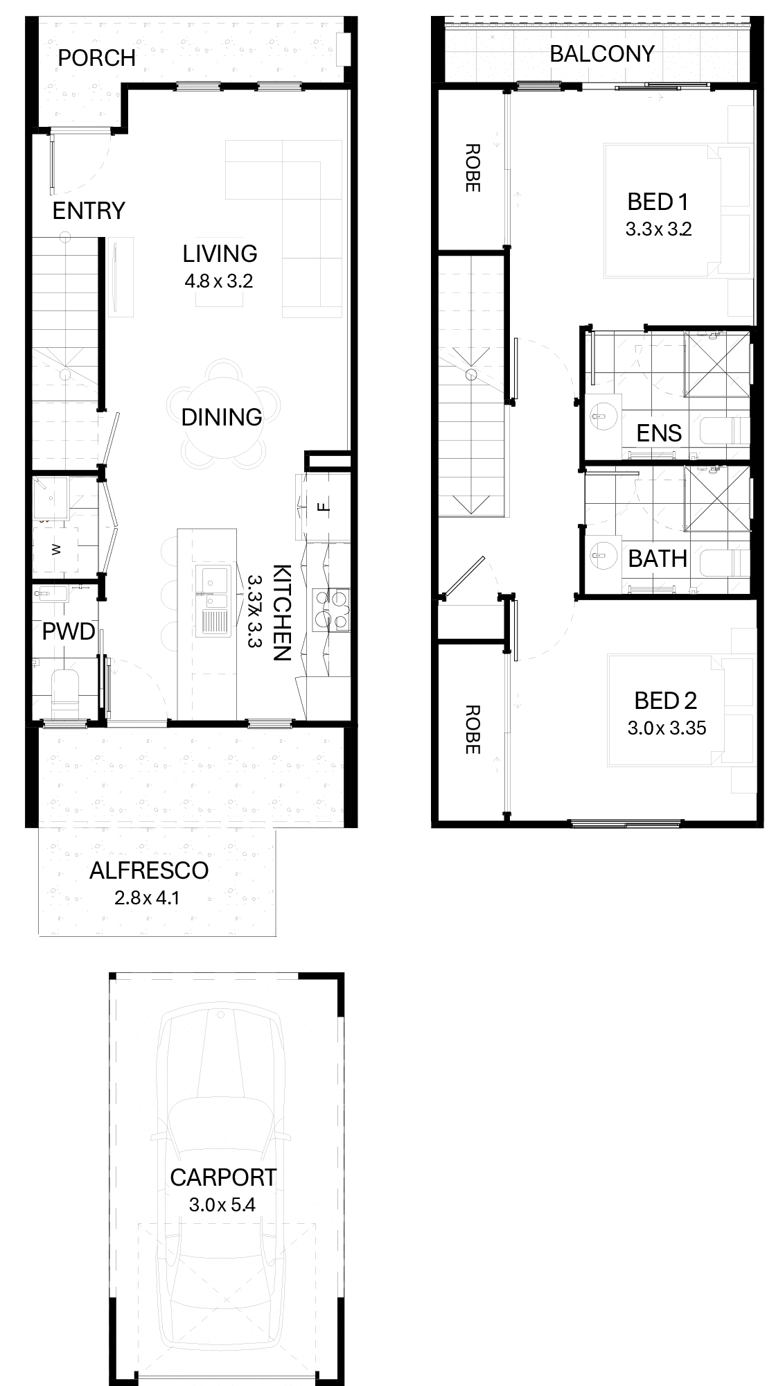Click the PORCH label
(96, 58)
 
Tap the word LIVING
(220, 254)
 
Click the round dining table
(222, 416)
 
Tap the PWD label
(69, 632)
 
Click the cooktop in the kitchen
(330, 610)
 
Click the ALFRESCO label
(149, 870)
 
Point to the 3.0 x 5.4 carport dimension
(222, 1205)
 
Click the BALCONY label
(602, 54)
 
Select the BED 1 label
(658, 202)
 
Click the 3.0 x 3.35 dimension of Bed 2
(667, 728)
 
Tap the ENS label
(660, 433)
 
